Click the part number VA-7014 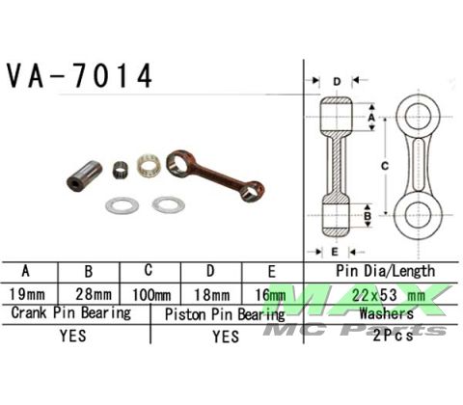click(80, 76)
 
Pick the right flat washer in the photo click(168, 204)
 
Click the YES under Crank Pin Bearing click(73, 337)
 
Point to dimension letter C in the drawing click(384, 167)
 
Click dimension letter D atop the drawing click(336, 82)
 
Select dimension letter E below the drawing click(334, 251)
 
